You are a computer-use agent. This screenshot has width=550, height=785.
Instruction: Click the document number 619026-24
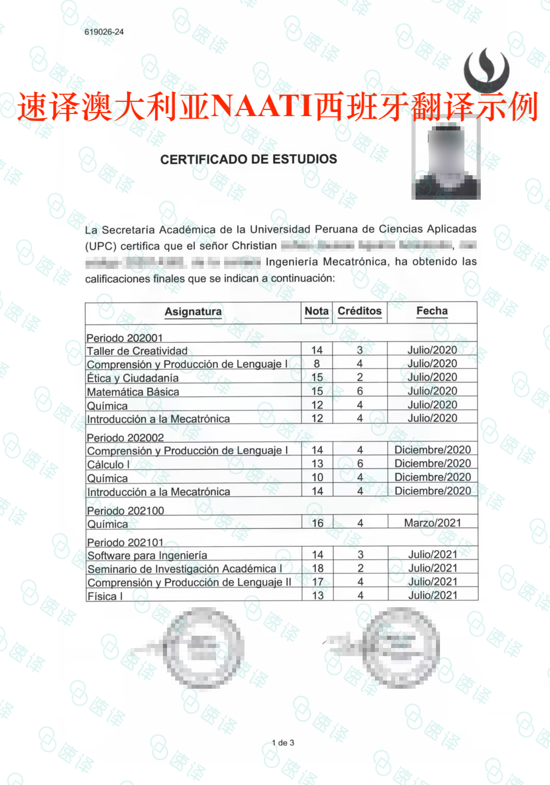point(104,32)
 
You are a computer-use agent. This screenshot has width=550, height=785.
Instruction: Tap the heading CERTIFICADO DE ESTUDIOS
point(249,159)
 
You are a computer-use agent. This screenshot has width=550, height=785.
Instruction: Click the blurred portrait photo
point(447,161)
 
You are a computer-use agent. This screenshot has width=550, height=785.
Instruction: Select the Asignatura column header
point(193,311)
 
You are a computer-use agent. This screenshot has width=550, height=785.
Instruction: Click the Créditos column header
point(360,311)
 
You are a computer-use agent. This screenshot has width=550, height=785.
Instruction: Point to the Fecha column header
point(432,311)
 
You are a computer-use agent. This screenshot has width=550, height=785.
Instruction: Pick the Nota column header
point(316,311)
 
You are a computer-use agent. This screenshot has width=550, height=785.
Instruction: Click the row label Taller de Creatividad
point(137,351)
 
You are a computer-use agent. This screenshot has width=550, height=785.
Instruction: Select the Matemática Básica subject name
point(133,392)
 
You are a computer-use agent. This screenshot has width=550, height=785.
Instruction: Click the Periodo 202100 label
point(125,510)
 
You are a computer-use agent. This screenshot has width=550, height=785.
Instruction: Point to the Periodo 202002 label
point(125,438)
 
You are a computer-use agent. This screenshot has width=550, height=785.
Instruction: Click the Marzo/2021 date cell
point(432,523)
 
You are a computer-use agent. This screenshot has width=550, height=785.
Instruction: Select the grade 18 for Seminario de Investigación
point(318,568)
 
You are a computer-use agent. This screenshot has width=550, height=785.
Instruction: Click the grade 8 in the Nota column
point(317,364)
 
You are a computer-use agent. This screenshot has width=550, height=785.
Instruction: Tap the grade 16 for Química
point(318,523)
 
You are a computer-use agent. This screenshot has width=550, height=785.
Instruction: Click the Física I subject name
point(105,596)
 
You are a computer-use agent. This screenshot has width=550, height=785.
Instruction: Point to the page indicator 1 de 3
point(283,743)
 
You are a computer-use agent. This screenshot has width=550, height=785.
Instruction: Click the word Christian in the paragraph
point(254,246)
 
